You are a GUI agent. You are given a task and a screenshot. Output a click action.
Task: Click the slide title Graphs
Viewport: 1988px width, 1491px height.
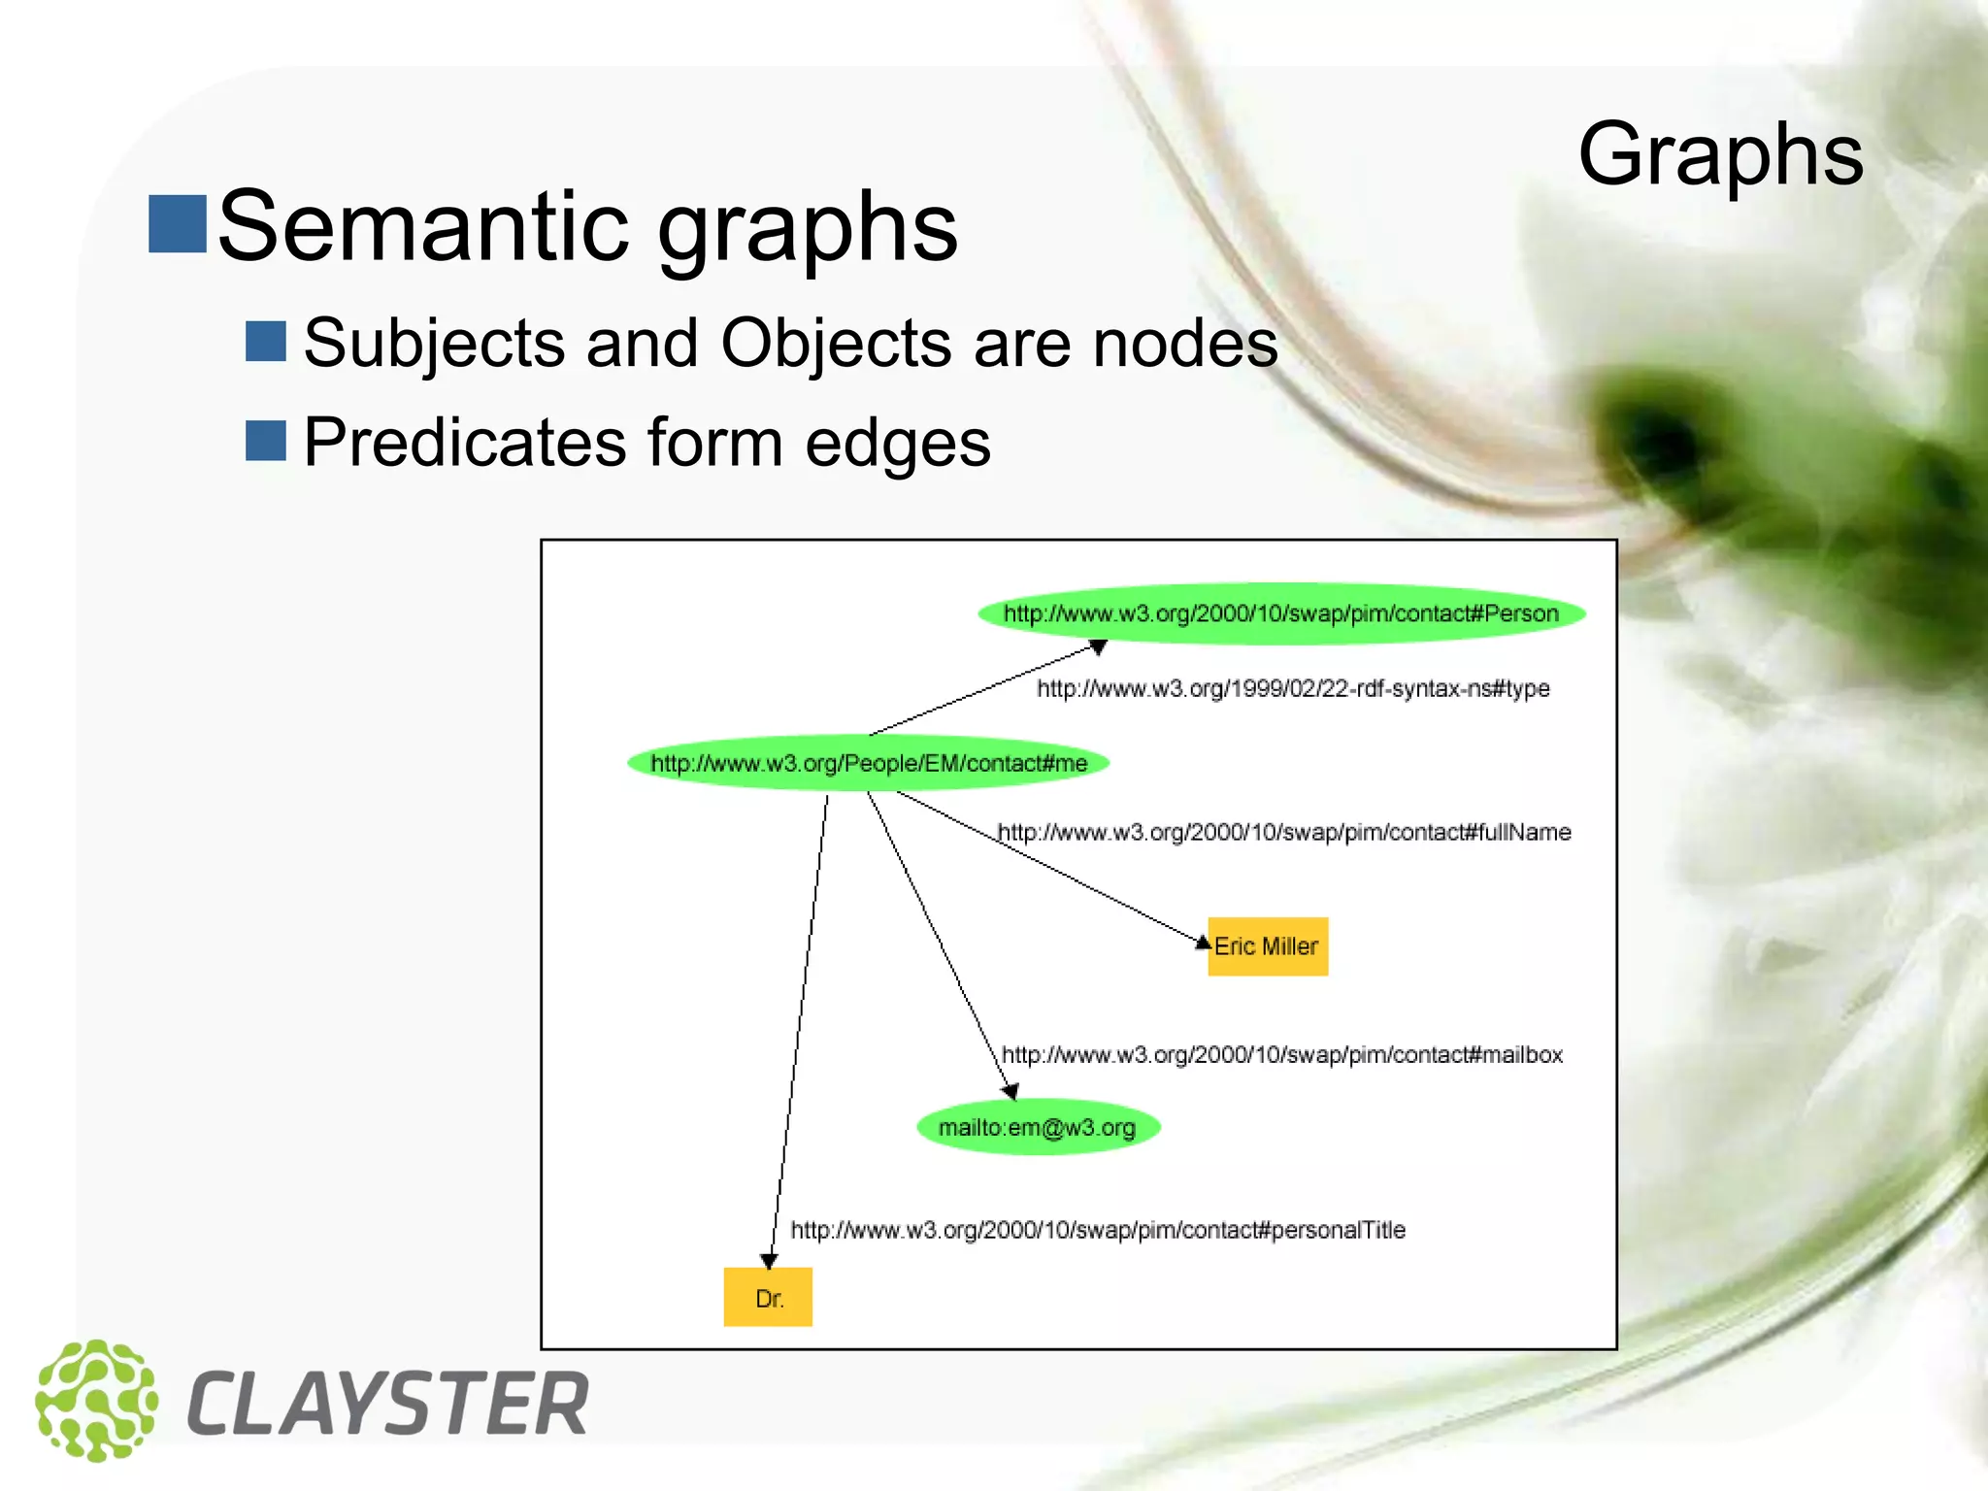point(1720,155)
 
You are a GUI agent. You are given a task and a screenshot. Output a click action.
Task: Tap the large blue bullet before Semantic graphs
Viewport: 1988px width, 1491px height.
point(177,223)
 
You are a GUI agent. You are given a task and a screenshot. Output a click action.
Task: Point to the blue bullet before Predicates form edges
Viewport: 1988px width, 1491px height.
point(265,441)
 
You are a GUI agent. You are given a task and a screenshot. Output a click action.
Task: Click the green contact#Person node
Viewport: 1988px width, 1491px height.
point(1280,613)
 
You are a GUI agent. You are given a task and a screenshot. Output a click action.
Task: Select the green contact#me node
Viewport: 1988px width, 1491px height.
point(868,763)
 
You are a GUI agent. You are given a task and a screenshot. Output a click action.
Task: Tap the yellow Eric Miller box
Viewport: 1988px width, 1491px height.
point(1268,946)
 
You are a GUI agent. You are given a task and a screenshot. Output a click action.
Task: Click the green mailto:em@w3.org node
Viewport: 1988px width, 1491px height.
point(1037,1127)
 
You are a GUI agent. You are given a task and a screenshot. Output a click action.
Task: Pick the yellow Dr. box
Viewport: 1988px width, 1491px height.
point(768,1298)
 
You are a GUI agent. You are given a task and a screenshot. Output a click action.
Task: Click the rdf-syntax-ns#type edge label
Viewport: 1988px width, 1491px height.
point(1293,689)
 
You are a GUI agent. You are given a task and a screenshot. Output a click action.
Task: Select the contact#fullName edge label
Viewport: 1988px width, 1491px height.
point(1283,833)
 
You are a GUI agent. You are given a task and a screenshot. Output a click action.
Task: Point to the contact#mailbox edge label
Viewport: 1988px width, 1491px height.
point(1281,1055)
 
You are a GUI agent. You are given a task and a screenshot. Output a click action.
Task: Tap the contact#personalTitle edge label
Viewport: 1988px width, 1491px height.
point(1097,1231)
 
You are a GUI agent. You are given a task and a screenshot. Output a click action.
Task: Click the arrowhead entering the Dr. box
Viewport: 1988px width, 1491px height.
point(769,1261)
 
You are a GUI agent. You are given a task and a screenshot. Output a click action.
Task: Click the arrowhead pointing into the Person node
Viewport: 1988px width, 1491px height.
point(1098,647)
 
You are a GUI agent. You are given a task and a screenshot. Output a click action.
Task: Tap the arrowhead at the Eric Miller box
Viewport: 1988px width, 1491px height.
point(1203,942)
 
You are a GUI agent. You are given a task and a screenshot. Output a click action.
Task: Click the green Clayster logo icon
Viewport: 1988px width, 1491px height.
point(96,1401)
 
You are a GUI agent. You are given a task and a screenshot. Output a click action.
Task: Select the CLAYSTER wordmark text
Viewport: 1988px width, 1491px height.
point(387,1404)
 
